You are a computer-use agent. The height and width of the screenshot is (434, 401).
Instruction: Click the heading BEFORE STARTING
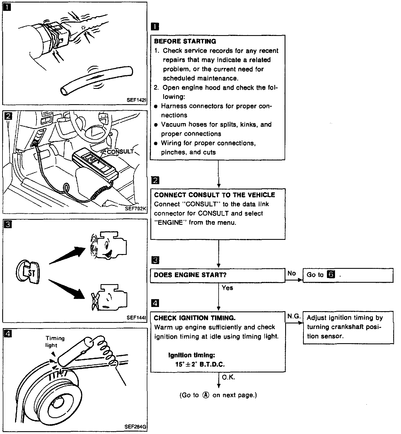click(x=185, y=42)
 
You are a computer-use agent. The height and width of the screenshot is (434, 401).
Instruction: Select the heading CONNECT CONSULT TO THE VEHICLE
click(x=214, y=195)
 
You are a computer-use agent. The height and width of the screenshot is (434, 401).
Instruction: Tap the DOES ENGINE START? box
click(x=217, y=275)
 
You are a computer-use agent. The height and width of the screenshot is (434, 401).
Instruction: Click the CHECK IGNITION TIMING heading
click(x=195, y=318)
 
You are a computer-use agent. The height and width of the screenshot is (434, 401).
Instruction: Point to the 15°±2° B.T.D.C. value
click(x=200, y=364)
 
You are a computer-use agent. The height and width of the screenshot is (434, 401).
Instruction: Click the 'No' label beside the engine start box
click(x=292, y=273)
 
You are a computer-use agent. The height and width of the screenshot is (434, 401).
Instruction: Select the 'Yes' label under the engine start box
click(x=227, y=288)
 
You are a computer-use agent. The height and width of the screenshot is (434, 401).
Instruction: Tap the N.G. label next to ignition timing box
click(x=294, y=316)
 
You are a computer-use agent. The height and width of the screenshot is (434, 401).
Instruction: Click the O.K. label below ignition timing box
click(x=228, y=377)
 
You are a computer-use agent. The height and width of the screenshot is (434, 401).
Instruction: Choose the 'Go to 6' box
click(x=348, y=275)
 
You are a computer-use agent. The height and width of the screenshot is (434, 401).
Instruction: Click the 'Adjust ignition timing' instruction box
click(x=348, y=327)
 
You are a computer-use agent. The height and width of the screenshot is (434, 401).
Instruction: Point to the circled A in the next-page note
click(x=206, y=395)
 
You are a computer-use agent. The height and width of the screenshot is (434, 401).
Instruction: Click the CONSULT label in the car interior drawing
click(x=120, y=152)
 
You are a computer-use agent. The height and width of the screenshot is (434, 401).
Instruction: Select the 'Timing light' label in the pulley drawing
click(x=55, y=342)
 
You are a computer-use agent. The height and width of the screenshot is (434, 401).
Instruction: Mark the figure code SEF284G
click(x=136, y=426)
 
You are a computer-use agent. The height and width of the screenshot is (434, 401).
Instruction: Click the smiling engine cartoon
click(x=109, y=245)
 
